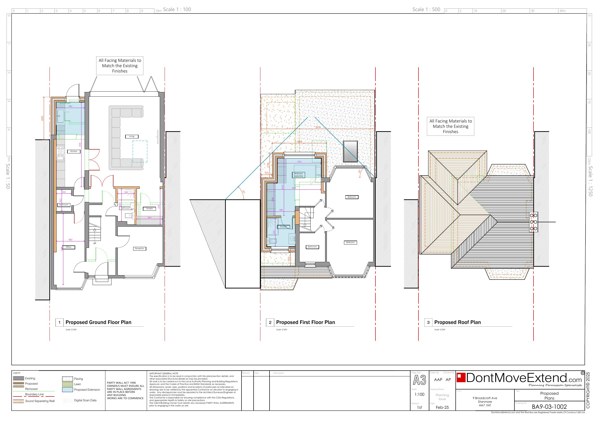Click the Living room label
point(132,136)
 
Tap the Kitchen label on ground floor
point(74,151)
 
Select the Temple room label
point(149,208)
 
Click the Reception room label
point(139,248)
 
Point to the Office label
point(68,247)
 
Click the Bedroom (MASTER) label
point(299,175)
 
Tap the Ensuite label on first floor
point(284,227)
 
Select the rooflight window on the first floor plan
point(351,151)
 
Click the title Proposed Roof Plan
point(457,322)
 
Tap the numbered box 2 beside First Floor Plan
point(270,322)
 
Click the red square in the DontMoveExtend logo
point(461,378)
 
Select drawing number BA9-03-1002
point(549,407)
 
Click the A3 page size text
point(419,380)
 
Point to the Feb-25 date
point(442,407)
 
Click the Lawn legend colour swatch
point(67,384)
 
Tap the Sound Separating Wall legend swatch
point(18,401)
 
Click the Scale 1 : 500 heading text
point(426,9)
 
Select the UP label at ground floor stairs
point(95,243)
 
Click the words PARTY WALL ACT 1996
point(121,383)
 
